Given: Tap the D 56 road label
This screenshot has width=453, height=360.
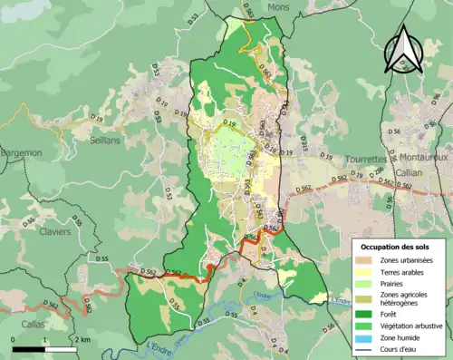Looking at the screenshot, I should tap(395, 132).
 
